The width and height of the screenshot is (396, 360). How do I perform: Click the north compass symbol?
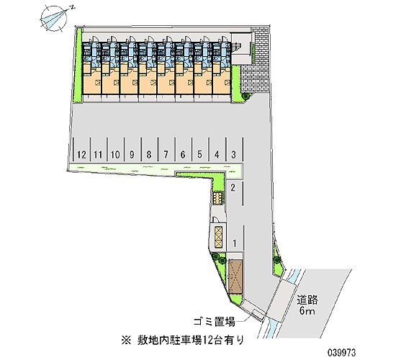point(54,19)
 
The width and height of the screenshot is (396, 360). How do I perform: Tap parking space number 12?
point(81,150)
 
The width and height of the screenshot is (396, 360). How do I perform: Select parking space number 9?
point(132,150)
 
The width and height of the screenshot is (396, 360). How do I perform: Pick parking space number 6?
point(183,150)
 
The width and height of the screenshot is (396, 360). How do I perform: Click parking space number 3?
point(234,150)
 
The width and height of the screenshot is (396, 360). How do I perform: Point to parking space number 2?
point(233,192)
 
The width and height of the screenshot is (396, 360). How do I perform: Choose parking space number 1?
point(235,239)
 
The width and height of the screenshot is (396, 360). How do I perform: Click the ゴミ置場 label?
point(215,322)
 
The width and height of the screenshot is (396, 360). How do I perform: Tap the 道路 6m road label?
point(307,305)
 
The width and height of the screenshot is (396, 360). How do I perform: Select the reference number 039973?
point(342,352)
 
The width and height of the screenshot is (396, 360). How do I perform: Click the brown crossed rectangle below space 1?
point(235,276)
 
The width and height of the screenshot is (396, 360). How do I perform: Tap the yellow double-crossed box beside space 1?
point(218,237)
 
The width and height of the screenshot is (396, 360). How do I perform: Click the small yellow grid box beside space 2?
point(217,198)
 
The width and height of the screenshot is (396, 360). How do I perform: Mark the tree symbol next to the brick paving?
point(245,96)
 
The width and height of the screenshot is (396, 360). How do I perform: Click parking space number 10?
point(115,150)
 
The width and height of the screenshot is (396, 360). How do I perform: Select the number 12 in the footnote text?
point(207,340)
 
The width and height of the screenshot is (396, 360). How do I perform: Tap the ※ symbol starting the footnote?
point(126,341)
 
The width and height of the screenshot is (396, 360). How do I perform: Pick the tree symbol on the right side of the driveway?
point(277,259)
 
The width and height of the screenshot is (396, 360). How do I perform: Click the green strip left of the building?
point(78,64)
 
